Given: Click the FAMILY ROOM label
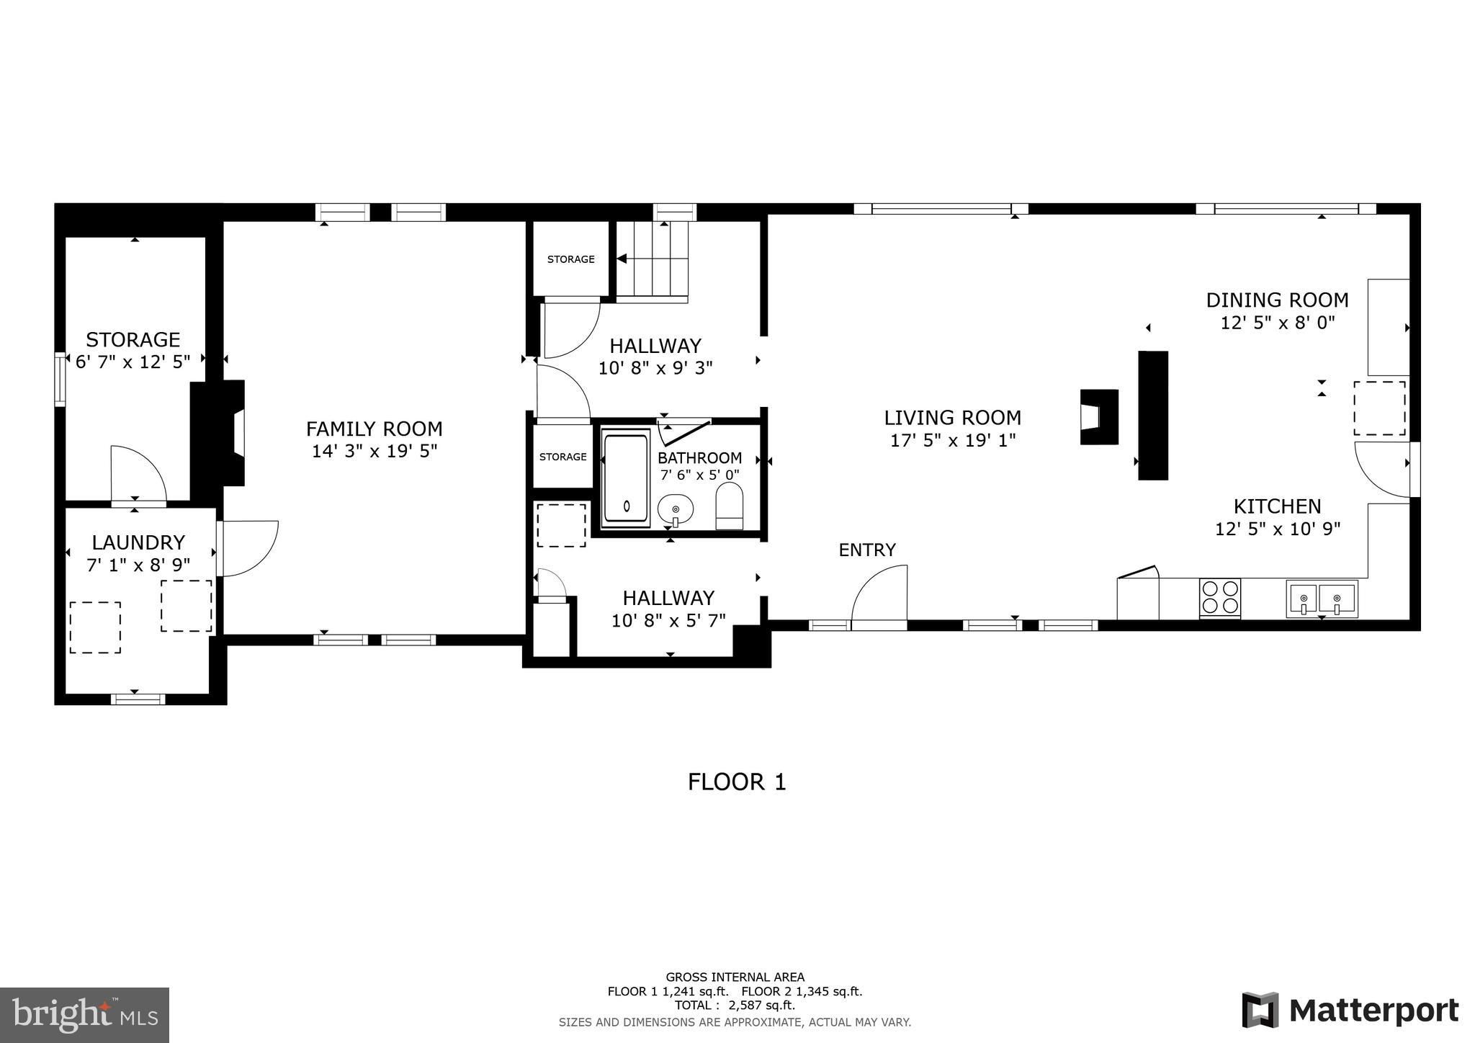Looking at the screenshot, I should pyautogui.click(x=374, y=429).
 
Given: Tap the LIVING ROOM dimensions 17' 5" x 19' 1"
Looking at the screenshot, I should pyautogui.click(x=953, y=440).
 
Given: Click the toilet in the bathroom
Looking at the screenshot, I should pyautogui.click(x=730, y=506).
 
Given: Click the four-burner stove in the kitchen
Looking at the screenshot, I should pyautogui.click(x=1220, y=598).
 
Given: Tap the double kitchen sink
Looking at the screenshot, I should pyautogui.click(x=1322, y=599).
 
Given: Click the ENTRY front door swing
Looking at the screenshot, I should pyautogui.click(x=880, y=592).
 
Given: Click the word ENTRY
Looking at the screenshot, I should pyautogui.click(x=867, y=550).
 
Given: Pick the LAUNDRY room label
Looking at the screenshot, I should pyautogui.click(x=138, y=542).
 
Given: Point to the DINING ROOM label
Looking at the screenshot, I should pyautogui.click(x=1277, y=300).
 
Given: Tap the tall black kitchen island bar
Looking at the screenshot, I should pyautogui.click(x=1152, y=415).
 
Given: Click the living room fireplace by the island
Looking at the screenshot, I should pyautogui.click(x=1098, y=417).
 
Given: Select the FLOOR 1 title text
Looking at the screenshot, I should pyautogui.click(x=736, y=782).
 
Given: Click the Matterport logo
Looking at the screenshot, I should pyautogui.click(x=1350, y=1011).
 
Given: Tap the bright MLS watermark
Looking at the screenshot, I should pyautogui.click(x=84, y=1015).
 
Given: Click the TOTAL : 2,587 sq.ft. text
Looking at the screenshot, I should pyautogui.click(x=735, y=1006).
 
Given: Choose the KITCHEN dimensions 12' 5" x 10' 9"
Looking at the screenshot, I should pyautogui.click(x=1277, y=529).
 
